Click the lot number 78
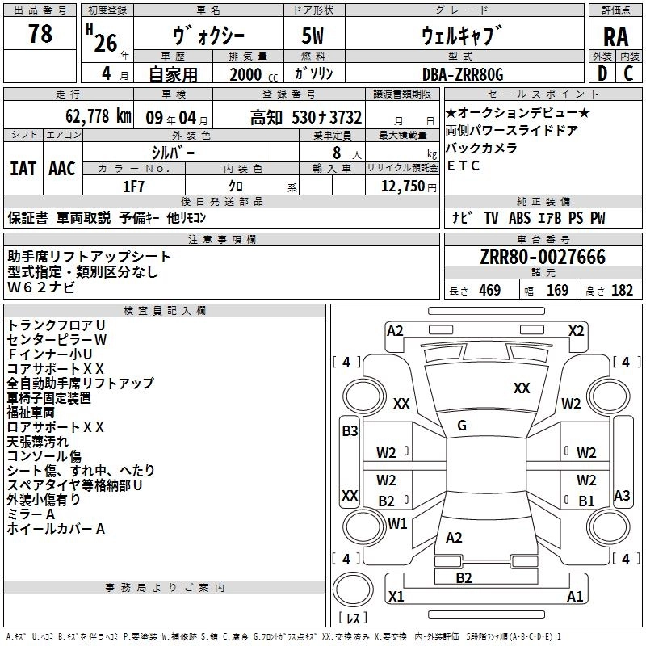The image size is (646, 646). pos(40,34)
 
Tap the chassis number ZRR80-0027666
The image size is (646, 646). pos(543,257)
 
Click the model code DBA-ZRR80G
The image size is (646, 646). pos(463,74)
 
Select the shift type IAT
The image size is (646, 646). pos(23,168)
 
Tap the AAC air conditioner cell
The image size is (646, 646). pos(61,168)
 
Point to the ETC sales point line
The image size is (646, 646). pos(464,166)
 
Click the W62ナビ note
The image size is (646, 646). pos(42,287)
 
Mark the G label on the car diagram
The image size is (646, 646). pos(462,426)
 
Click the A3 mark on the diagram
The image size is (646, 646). pos(622,495)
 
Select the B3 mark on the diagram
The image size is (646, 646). pos(350,431)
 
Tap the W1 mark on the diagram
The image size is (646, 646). pos(397,523)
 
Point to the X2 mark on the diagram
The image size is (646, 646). pos(576,330)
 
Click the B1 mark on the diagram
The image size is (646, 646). pos(586,501)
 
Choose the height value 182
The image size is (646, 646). pos(622,291)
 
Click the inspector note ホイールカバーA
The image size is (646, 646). pos(56,529)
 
